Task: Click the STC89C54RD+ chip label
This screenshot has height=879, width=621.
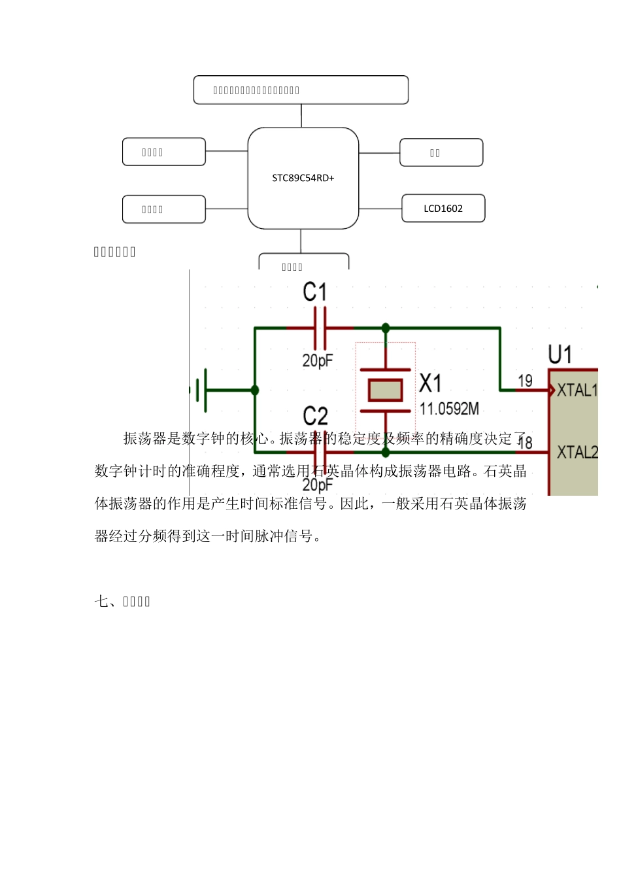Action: tap(303, 178)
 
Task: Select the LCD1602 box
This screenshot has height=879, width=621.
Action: tap(443, 209)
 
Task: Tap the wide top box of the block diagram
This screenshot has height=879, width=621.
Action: tap(301, 90)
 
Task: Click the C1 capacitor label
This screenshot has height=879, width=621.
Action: tap(314, 292)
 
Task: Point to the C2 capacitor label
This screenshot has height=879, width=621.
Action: tap(315, 416)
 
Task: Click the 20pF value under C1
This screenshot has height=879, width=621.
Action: tap(318, 360)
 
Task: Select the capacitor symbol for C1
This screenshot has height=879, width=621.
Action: tap(320, 328)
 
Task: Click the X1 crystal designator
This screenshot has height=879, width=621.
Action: tap(430, 383)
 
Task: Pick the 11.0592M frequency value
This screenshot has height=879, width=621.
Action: tap(449, 409)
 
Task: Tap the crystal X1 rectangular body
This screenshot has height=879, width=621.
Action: tap(385, 390)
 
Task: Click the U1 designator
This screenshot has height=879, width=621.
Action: tap(560, 355)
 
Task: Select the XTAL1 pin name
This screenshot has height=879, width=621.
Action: tap(577, 390)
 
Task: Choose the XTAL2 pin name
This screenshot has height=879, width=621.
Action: tap(577, 452)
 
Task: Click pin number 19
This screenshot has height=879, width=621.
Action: tap(525, 381)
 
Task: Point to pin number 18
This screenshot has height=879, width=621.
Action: tap(525, 443)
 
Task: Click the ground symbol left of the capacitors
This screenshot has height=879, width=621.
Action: tap(204, 390)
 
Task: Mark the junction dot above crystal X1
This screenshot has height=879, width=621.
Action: tap(386, 328)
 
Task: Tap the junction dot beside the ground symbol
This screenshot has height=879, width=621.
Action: tap(255, 390)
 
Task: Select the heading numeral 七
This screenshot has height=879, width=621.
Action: tap(101, 601)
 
